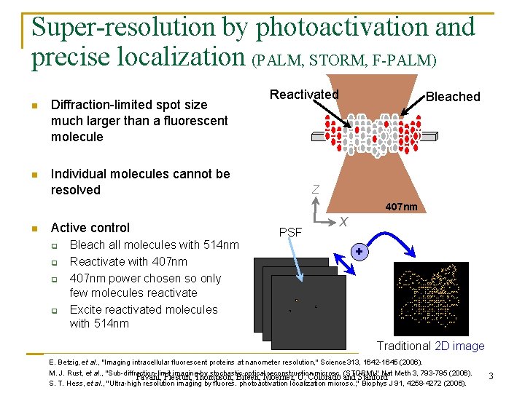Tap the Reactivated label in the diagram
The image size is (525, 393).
coord(304,95)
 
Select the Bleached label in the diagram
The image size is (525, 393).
coord(453,97)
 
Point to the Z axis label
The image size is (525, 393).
coord(315,190)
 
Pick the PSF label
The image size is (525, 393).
coord(292,233)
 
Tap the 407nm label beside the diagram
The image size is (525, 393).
coord(402,207)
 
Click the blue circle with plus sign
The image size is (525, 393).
coord(359,251)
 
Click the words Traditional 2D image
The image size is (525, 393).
coord(430,346)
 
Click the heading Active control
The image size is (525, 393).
coord(90,228)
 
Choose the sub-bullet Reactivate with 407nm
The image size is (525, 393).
coord(128,261)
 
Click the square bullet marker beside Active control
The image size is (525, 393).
coord(34,229)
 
